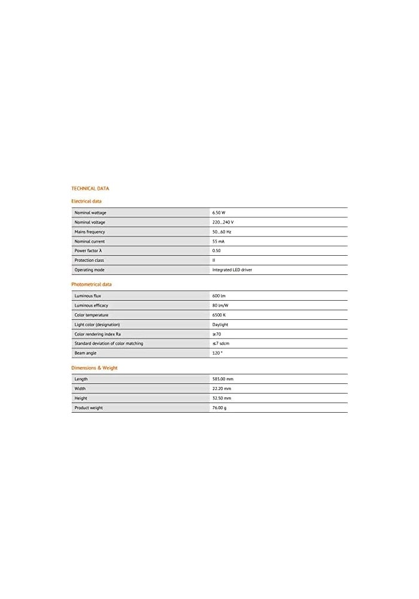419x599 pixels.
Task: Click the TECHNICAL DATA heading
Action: pos(90,188)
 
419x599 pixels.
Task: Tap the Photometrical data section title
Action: pos(91,284)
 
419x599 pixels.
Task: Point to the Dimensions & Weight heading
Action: pos(94,368)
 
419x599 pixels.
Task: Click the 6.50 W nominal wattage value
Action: pos(220,213)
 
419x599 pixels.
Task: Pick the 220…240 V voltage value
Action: pos(223,222)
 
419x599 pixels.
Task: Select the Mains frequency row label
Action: pos(90,232)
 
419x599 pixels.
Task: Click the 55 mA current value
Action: pos(218,241)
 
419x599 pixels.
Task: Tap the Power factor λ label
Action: pos(89,250)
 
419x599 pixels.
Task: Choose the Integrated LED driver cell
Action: pos(232,270)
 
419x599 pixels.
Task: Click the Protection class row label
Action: pos(89,260)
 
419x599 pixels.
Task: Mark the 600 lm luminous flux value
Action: pos(218,296)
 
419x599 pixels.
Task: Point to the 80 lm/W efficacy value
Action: pos(220,305)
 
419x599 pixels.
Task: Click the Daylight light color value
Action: pos(220,325)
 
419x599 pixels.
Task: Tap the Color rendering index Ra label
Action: pos(98,334)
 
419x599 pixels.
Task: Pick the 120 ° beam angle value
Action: pos(217,353)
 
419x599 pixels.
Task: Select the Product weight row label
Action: pos(89,408)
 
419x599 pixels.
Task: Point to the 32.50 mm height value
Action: pos(221,398)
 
